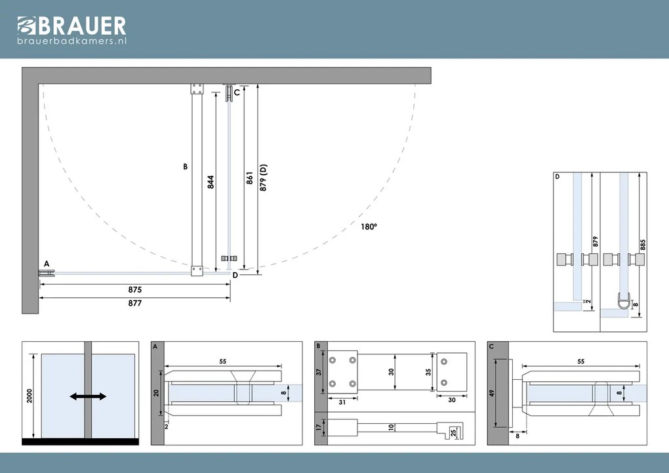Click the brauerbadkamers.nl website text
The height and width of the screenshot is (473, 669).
[x=72, y=41]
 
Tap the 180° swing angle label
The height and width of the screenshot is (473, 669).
[x=369, y=227]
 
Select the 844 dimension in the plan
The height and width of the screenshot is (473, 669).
[x=211, y=182]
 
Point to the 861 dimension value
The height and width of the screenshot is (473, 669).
[x=250, y=178]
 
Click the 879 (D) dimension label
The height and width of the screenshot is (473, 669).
[x=263, y=178]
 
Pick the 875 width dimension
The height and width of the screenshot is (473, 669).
[x=135, y=289]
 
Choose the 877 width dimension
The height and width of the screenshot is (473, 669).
[x=135, y=303]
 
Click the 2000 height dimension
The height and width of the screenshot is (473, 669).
[x=30, y=396]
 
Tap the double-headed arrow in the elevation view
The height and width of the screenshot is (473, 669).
[x=88, y=397]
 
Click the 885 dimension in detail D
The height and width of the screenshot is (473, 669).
[x=643, y=245]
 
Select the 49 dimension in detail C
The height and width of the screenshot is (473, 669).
[x=491, y=393]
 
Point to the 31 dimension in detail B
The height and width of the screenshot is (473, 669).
[x=342, y=402]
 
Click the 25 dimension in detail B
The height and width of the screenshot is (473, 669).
[x=453, y=433]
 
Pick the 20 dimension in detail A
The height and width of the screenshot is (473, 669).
[x=156, y=393]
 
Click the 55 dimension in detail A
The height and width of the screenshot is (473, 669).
[x=223, y=361]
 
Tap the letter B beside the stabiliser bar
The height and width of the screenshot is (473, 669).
[x=185, y=167]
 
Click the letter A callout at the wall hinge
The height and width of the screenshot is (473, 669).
[x=47, y=264]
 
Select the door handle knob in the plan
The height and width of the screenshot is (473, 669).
[x=229, y=258]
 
